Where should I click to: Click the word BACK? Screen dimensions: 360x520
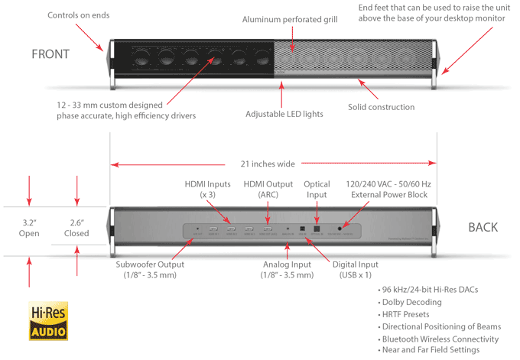[483, 227]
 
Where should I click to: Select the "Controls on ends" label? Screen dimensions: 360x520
[79, 15]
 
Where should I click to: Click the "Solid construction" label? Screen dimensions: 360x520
[381, 107]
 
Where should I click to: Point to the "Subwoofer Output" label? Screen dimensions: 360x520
[150, 269]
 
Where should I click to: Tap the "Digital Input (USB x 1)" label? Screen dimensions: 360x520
[359, 269]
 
